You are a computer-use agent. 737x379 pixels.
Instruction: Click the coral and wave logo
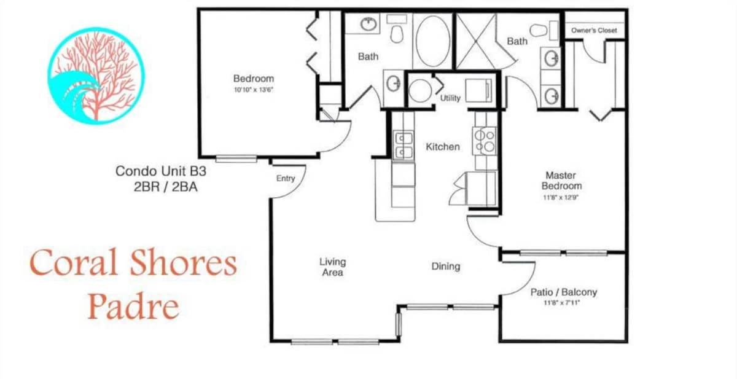pyautogui.click(x=96, y=76)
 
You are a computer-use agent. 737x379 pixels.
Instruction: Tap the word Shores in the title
pyautogui.click(x=184, y=262)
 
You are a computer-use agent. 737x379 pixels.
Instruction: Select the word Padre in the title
pyautogui.click(x=134, y=307)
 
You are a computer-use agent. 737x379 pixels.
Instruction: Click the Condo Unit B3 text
pyautogui.click(x=161, y=171)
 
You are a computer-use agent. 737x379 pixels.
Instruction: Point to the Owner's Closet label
pyautogui.click(x=594, y=30)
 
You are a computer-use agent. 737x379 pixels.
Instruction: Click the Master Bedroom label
pyautogui.click(x=561, y=181)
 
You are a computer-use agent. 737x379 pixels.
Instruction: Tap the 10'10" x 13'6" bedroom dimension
pyautogui.click(x=254, y=90)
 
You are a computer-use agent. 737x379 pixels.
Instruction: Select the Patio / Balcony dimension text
pyautogui.click(x=561, y=302)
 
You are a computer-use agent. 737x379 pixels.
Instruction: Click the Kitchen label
pyautogui.click(x=443, y=147)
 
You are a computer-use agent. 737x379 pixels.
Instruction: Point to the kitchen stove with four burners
pyautogui.click(x=485, y=141)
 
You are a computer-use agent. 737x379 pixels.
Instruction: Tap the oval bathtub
pyautogui.click(x=432, y=40)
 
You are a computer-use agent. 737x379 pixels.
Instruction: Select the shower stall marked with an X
pyautogui.click(x=476, y=41)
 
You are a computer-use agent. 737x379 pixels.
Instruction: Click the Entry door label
pyautogui.click(x=286, y=178)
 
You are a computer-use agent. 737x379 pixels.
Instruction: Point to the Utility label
pyautogui.click(x=450, y=98)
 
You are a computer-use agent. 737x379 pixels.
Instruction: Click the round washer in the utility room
pyautogui.click(x=419, y=90)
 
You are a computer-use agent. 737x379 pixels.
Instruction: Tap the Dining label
pyautogui.click(x=445, y=266)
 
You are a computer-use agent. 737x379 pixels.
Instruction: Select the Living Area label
pyautogui.click(x=333, y=267)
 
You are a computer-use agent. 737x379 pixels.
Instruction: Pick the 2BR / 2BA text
pyautogui.click(x=165, y=187)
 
